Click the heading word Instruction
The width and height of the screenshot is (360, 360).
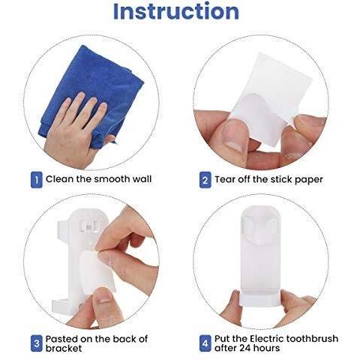click(175, 11)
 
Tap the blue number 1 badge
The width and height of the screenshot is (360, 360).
click(35, 179)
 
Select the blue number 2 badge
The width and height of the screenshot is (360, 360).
click(205, 180)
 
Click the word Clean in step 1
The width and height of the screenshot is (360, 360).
click(60, 179)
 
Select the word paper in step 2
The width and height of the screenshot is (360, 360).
click(308, 180)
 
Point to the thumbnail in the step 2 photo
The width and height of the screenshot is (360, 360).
click(234, 136)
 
